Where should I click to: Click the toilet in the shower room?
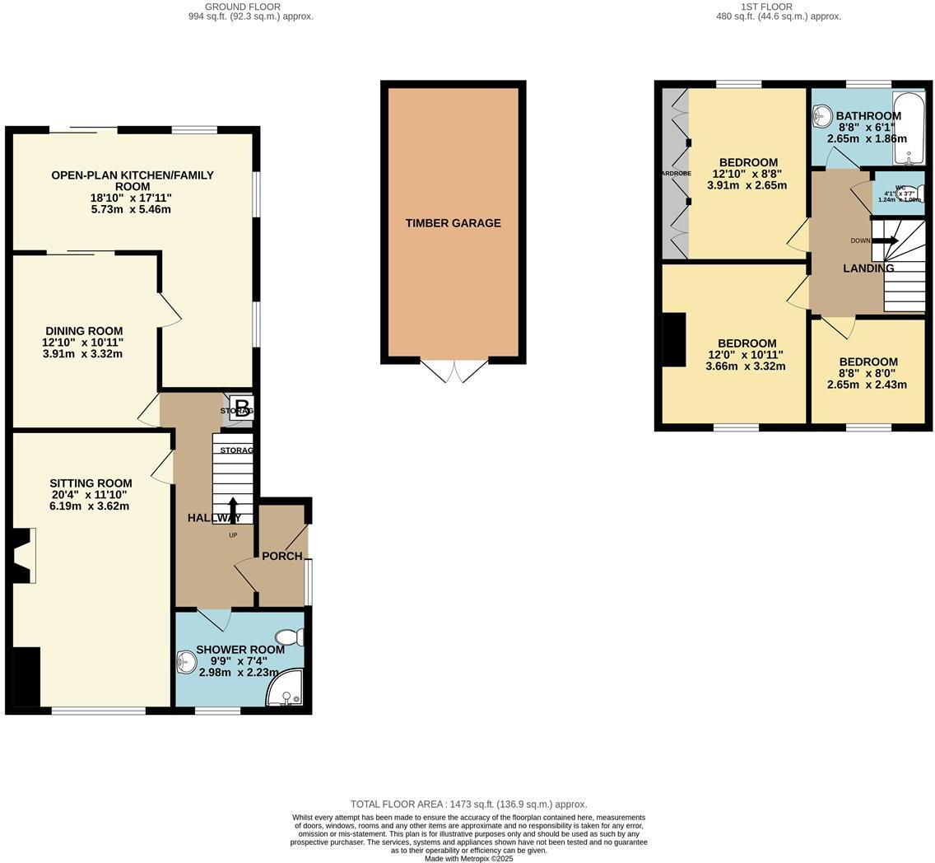coord(291,637)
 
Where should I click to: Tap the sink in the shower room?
coord(186,661)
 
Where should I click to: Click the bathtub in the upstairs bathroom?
coord(909,128)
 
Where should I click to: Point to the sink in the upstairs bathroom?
coord(821,117)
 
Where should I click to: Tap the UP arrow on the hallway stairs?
coord(233,507)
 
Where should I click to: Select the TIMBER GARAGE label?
coord(453,223)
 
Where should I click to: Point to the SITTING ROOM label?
coord(91,483)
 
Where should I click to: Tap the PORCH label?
coord(282,556)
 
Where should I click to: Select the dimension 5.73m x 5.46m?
coord(132,209)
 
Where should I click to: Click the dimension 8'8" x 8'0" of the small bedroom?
coord(868,373)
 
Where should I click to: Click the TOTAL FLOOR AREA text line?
coord(468,804)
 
